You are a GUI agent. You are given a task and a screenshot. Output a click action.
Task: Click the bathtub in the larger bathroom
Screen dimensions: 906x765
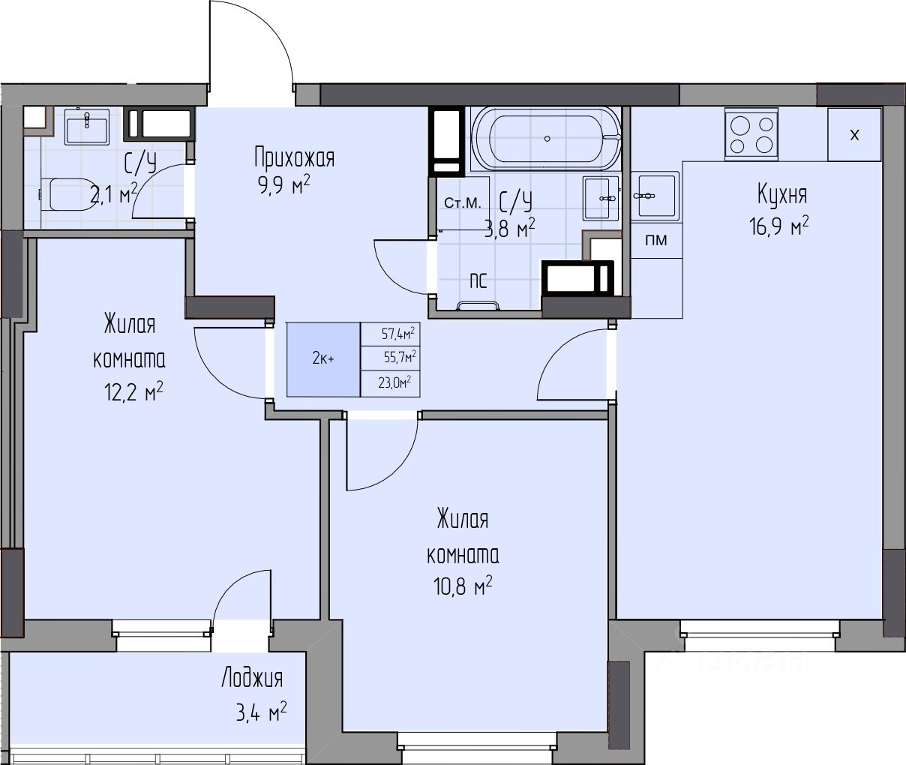(x=547, y=139)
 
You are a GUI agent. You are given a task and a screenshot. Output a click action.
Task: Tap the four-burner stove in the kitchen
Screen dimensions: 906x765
(x=751, y=133)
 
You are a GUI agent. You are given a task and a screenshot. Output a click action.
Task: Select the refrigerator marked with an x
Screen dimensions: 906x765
(x=854, y=134)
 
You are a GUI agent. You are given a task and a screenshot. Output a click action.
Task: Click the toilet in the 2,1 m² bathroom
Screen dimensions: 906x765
(x=70, y=193)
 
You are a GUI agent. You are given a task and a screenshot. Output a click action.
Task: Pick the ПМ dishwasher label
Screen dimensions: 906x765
(x=656, y=240)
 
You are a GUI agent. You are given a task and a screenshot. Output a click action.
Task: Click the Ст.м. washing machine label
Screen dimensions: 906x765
(x=463, y=202)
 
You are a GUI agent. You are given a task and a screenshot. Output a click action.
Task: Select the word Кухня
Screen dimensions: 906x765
(x=782, y=194)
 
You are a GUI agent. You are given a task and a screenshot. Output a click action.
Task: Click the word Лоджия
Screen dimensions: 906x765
(x=252, y=678)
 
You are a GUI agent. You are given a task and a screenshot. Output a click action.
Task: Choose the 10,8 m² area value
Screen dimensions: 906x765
(x=463, y=586)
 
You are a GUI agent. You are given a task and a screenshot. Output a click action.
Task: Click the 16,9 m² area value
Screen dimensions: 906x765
(x=778, y=226)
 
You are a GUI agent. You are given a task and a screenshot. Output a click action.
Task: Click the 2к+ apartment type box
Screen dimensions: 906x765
(x=323, y=359)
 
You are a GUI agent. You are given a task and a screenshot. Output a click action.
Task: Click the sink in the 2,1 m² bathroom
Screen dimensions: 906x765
(x=87, y=126)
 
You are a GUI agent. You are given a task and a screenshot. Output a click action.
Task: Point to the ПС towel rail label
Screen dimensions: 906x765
(x=478, y=280)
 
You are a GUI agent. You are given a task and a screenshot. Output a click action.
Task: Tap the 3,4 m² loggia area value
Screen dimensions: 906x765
(x=261, y=712)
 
